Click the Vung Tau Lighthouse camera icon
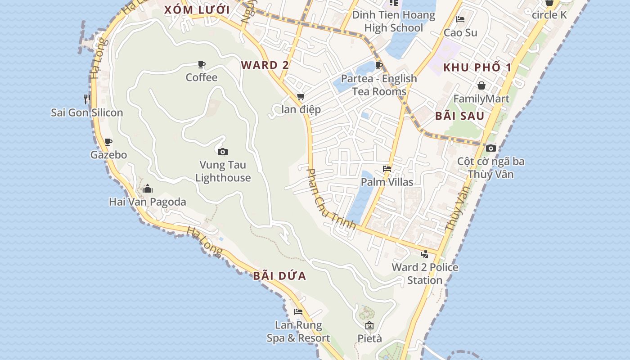tap(222, 152)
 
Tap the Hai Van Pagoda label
tap(148, 202)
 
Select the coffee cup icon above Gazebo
tap(108, 142)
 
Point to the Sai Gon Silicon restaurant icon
tap(87, 99)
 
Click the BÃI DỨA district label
tap(279, 276)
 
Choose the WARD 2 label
tap(265, 65)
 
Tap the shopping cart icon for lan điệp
tap(301, 96)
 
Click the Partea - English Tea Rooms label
tap(379, 85)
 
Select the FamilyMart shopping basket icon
tap(481, 85)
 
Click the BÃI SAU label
tap(459, 116)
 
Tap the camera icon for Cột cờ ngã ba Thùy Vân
tap(491, 148)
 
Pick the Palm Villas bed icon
tap(387, 169)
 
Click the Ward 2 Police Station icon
tap(424, 254)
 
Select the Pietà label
tap(369, 338)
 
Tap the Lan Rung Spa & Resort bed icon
tap(298, 312)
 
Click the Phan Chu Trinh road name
tap(331, 199)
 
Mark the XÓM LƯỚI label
tap(197, 10)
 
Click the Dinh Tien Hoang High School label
tap(394, 21)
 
